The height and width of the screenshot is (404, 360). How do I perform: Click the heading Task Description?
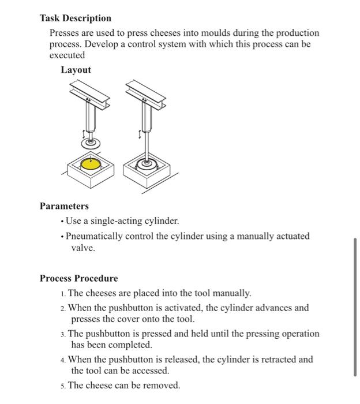point(76,18)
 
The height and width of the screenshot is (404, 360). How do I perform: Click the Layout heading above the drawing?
point(76,70)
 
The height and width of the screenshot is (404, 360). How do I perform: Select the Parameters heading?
point(64,206)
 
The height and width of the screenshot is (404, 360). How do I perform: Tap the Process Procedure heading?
point(78,278)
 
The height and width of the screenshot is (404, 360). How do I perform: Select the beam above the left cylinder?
point(89,95)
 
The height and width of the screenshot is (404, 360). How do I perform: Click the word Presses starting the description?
point(65,33)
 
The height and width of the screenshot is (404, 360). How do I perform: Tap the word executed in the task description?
point(67,55)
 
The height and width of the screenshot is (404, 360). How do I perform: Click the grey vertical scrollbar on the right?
point(355,306)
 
